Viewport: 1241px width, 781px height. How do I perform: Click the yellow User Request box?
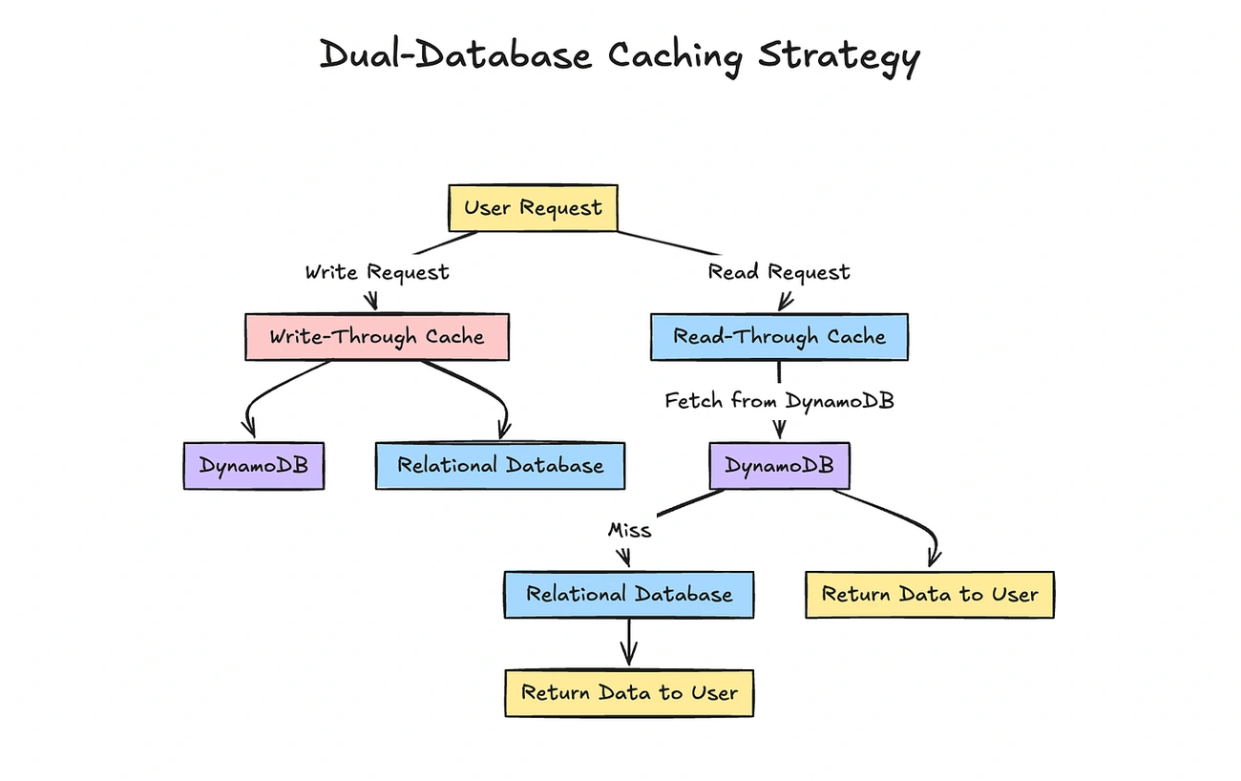pyautogui.click(x=533, y=208)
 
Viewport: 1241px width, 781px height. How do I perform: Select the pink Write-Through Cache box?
pyautogui.click(x=376, y=337)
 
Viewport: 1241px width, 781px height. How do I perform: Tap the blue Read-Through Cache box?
pyautogui.click(x=779, y=337)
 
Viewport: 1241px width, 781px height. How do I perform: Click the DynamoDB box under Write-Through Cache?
pyautogui.click(x=253, y=466)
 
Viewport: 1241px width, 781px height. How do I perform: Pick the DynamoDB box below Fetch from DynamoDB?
pyautogui.click(x=779, y=466)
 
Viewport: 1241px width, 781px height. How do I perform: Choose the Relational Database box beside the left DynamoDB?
pyautogui.click(x=500, y=466)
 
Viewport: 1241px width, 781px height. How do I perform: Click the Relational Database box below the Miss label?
pyautogui.click(x=629, y=595)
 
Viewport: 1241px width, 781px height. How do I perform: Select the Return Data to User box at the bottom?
pyautogui.click(x=629, y=692)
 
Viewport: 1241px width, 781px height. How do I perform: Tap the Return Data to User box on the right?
pyautogui.click(x=929, y=595)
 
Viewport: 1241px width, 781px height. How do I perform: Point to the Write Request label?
pyautogui.click(x=376, y=272)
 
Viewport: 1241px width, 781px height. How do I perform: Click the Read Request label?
pyautogui.click(x=778, y=272)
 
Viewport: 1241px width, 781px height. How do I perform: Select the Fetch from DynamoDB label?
pyautogui.click(x=779, y=401)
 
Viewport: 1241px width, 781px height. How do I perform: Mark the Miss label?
pyautogui.click(x=629, y=530)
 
